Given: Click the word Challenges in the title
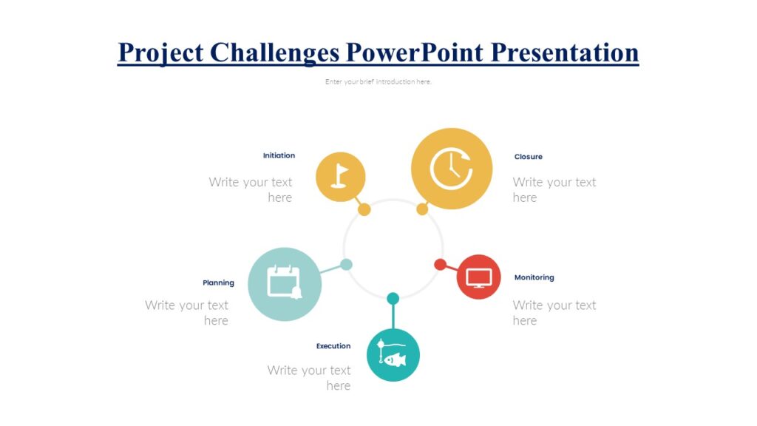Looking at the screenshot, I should coord(274,53).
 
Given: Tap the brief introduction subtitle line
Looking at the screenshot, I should coord(378,81).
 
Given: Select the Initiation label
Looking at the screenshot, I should coord(279,155).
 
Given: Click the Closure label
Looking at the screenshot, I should coord(528,157).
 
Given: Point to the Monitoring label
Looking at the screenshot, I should coord(534,277).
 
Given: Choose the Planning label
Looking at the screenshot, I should coord(218,283).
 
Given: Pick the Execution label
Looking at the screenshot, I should coord(333,346).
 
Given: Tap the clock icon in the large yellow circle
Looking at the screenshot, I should coord(451,169).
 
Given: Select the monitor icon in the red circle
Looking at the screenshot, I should coord(478,277).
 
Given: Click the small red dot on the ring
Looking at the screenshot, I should coord(440,264).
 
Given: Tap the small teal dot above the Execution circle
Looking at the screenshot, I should coord(393,298).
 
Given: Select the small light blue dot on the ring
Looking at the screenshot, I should coord(346,264).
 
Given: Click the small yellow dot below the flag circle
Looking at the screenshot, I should coord(364,209).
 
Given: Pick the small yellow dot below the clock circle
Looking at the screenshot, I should coord(422,209).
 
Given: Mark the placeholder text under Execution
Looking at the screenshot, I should coord(309,377).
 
